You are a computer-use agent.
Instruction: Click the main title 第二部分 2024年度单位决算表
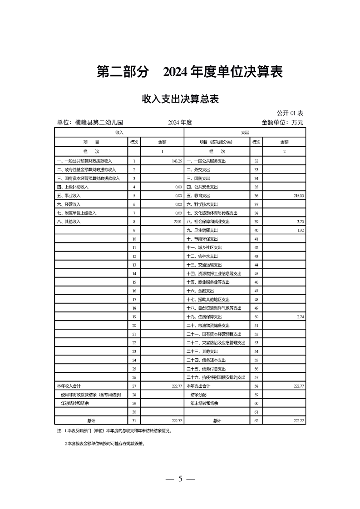tap(190, 72)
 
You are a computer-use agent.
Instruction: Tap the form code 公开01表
tap(290, 113)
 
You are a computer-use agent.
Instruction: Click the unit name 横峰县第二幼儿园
tap(90, 123)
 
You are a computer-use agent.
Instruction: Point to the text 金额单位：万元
tap(282, 123)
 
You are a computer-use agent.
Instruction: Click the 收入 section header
tap(119, 132)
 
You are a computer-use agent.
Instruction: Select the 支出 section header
tap(245, 132)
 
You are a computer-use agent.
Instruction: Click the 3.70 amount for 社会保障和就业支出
tap(300, 222)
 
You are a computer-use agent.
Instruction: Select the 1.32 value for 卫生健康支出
tap(300, 230)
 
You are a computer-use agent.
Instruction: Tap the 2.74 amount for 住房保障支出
tap(300, 316)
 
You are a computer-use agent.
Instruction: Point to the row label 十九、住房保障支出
tap(204, 316)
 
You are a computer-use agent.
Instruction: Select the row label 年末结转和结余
tap(204, 403)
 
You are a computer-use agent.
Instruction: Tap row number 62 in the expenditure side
tap(256, 420)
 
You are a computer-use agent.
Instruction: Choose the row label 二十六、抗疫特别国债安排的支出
tap(216, 377)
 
